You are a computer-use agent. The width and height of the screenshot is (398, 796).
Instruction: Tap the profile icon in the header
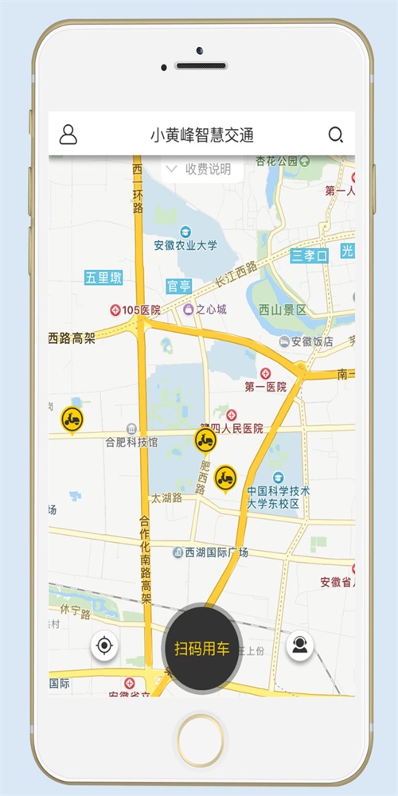(x=68, y=135)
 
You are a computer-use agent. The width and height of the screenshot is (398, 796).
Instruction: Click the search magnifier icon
(x=336, y=135)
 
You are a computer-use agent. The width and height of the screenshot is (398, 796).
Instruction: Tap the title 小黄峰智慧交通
(x=202, y=135)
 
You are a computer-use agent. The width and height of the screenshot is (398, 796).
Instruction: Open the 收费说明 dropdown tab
(x=197, y=169)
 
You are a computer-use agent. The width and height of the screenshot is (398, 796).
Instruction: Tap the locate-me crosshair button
(x=104, y=646)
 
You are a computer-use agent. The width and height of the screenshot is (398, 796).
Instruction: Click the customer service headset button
(x=300, y=646)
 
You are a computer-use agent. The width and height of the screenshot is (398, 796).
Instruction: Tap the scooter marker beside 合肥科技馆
(x=72, y=419)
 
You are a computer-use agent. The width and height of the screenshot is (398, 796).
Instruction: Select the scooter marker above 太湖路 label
(x=225, y=478)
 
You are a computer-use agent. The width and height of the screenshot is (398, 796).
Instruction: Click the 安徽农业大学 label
(x=185, y=246)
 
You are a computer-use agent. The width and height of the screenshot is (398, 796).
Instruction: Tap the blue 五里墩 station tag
(x=103, y=278)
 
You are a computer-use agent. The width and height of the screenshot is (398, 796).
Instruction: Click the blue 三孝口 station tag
(x=309, y=256)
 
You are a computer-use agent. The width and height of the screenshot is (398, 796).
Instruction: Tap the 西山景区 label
(x=282, y=310)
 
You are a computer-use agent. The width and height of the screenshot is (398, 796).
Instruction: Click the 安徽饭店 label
(x=306, y=341)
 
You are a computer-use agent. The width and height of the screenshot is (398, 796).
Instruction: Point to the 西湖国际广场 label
(x=211, y=552)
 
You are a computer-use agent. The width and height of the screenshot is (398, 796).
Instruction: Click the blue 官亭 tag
(x=178, y=286)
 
